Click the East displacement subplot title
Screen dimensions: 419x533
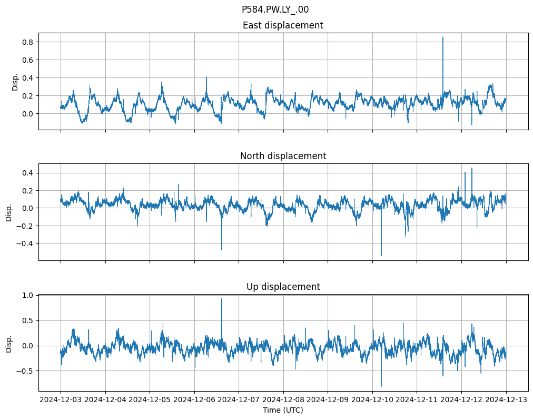click(x=283, y=25)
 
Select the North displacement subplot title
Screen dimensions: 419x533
click(x=283, y=156)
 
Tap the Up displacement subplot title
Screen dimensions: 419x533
click(x=283, y=287)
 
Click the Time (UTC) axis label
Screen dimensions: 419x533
click(x=283, y=410)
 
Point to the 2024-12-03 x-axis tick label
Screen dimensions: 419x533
click(x=61, y=400)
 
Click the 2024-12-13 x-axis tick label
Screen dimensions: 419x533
click(x=507, y=400)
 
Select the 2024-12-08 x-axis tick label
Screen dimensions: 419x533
click(x=283, y=400)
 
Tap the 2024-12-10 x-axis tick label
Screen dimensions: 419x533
click(x=372, y=400)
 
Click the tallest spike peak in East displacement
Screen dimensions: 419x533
click(x=443, y=37)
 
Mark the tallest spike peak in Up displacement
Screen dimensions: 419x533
click(x=222, y=299)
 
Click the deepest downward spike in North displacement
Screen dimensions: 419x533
click(x=381, y=256)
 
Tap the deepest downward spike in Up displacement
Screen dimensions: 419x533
click(x=381, y=386)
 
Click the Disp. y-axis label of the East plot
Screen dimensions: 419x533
click(x=15, y=82)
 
